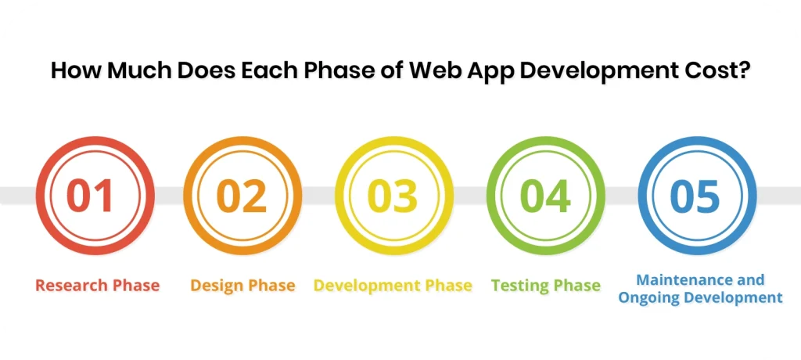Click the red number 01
pos(90,196)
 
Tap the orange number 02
pos(241,196)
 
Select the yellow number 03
pos(393,196)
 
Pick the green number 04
pos(545,196)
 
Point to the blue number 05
pos(696,196)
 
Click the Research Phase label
pos(97,286)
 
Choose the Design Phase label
pos(242,286)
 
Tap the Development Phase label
pos(393,286)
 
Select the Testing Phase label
pos(545,286)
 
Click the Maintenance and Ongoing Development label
pos(700,289)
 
